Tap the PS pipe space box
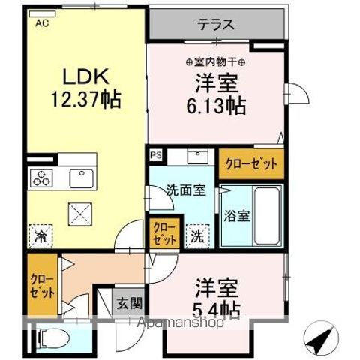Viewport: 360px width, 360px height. tap(155, 155)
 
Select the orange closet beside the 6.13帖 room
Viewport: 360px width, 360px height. tap(251, 163)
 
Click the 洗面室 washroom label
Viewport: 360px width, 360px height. tap(184, 190)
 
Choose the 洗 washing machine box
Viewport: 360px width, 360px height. tap(197, 235)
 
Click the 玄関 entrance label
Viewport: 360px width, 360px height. tap(125, 304)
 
